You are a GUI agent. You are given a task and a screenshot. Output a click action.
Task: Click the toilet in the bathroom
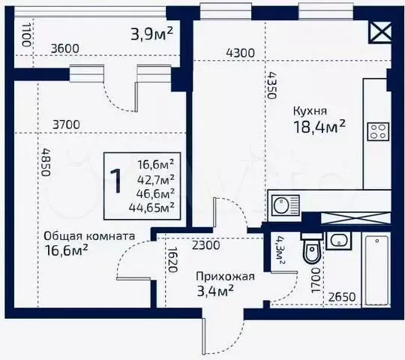312,248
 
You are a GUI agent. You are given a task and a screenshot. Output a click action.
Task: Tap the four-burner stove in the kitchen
378,131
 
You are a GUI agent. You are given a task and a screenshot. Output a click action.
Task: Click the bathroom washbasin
338,241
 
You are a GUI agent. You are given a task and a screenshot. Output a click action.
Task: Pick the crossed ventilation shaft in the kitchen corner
381,32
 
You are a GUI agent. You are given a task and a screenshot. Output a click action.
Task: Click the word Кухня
310,111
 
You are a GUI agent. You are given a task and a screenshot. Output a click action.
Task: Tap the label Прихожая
225,277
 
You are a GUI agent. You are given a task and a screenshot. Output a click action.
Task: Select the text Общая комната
89,236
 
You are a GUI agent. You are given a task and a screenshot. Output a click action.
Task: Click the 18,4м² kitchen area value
319,127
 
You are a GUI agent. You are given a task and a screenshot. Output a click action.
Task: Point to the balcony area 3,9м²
151,34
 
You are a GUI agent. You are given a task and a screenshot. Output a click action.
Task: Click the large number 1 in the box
116,181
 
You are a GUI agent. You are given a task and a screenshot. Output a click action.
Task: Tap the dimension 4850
46,162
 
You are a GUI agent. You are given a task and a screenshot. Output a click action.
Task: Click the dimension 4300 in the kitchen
241,53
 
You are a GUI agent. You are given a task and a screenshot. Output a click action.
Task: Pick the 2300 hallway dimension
205,245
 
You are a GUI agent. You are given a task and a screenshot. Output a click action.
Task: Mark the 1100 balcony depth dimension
26,34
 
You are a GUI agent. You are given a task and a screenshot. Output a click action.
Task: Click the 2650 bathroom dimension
342,297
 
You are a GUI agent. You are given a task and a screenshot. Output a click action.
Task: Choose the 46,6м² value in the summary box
156,193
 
